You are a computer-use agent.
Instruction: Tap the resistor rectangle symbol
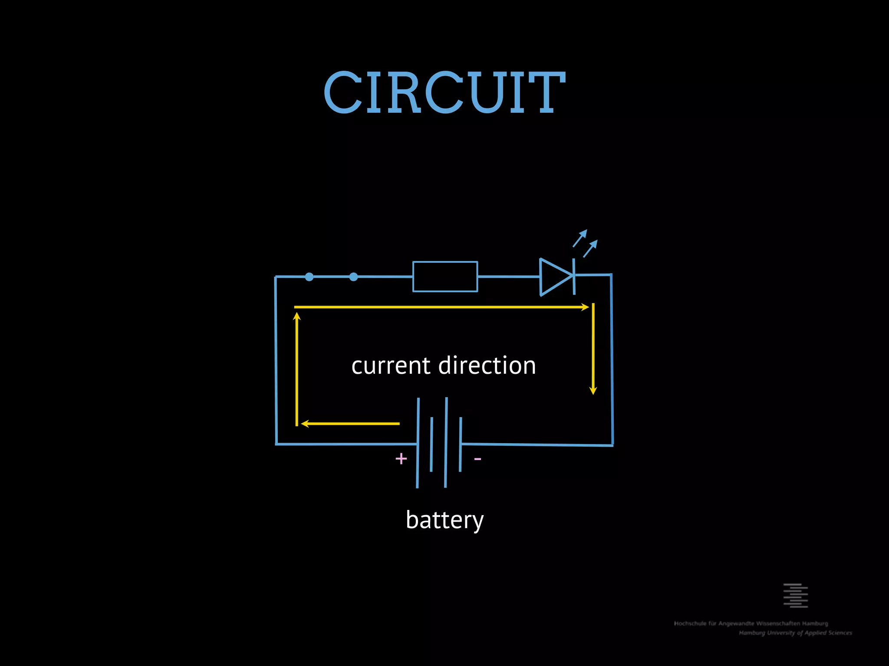click(x=445, y=277)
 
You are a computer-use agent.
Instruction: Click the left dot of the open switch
click(x=309, y=277)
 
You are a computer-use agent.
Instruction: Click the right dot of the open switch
click(x=354, y=277)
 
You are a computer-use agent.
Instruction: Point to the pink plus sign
click(x=401, y=458)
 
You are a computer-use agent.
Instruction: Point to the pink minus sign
click(x=477, y=459)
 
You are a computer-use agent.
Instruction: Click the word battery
click(x=444, y=520)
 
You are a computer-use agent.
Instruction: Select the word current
click(x=391, y=366)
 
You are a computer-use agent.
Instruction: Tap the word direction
click(x=487, y=366)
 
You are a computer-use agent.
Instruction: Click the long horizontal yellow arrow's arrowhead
click(x=585, y=307)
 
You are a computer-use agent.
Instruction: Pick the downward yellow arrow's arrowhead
click(x=593, y=390)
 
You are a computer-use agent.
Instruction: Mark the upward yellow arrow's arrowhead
click(x=297, y=316)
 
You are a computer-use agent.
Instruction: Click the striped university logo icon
click(x=795, y=595)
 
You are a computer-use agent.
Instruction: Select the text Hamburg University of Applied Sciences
click(x=795, y=633)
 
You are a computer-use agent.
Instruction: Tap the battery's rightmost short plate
click(x=460, y=444)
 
